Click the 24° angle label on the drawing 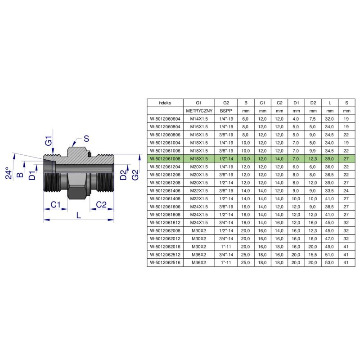(x=8, y=173)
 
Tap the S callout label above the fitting (x=86, y=139)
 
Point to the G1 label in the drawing (x=49, y=141)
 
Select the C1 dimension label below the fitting (x=55, y=204)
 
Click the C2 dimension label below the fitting (x=101, y=204)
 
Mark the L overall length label (x=79, y=216)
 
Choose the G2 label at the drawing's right (x=135, y=175)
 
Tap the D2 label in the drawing (x=123, y=175)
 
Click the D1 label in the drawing (x=32, y=175)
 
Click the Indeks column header (x=165, y=103)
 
